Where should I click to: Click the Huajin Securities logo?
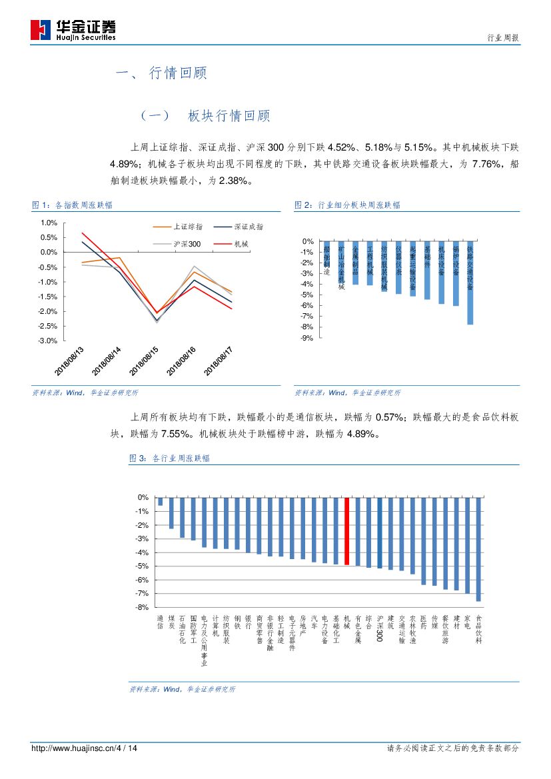73,30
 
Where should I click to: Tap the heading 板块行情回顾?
229,116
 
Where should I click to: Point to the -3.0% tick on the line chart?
47,341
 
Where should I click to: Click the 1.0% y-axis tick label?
48,223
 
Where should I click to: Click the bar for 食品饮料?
478,549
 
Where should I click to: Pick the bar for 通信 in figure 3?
160,501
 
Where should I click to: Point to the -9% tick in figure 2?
307,338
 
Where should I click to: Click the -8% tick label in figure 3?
142,607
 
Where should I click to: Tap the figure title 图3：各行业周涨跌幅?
169,458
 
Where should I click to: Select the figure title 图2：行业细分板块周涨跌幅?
347,205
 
